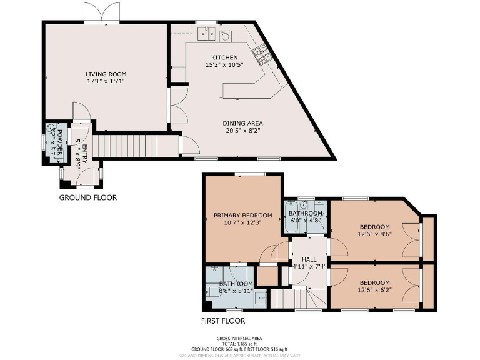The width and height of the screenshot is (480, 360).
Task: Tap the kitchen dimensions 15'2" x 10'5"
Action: click(x=224, y=65)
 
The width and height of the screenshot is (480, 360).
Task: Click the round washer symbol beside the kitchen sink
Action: click(x=224, y=36)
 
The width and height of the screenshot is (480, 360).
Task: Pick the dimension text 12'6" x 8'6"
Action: click(x=374, y=235)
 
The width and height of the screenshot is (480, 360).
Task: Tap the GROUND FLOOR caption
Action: click(x=87, y=197)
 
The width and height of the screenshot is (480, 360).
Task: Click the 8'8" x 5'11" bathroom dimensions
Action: click(x=236, y=291)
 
